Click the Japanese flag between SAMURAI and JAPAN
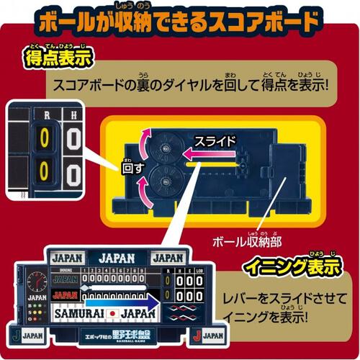click(x=113, y=315)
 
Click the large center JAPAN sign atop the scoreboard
click(x=116, y=257)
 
